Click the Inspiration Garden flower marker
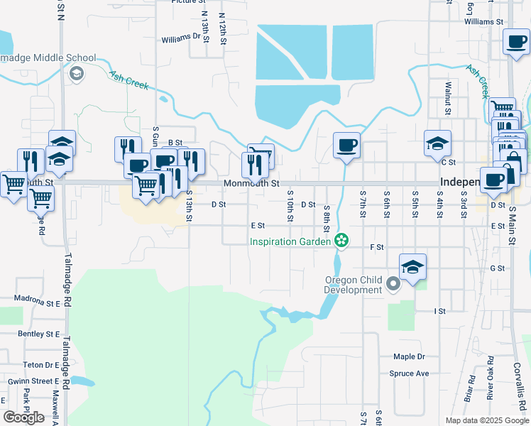(x=341, y=241)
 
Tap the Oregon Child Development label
(x=353, y=285)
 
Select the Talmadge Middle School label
(x=44, y=58)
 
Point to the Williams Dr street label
(x=181, y=38)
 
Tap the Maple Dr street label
(x=408, y=356)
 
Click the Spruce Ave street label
(x=409, y=373)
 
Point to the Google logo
(x=24, y=417)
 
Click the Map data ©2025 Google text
(x=486, y=420)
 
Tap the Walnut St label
(x=448, y=97)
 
